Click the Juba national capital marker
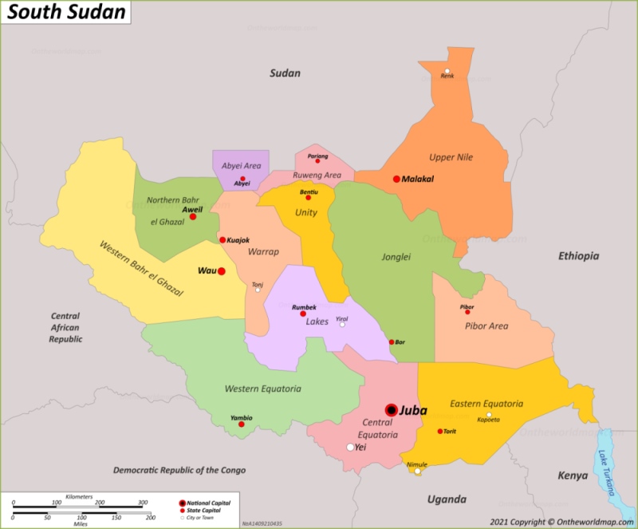pyautogui.click(x=391, y=410)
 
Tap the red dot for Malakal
pyautogui.click(x=396, y=179)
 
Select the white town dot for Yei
pyautogui.click(x=350, y=448)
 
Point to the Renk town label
pyautogui.click(x=447, y=77)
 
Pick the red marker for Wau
pyautogui.click(x=222, y=271)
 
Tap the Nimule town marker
pyautogui.click(x=416, y=472)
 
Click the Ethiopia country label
pyautogui.click(x=578, y=256)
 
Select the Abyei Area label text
pyautogui.click(x=241, y=166)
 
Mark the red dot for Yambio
pyautogui.click(x=242, y=424)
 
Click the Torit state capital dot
pyautogui.click(x=439, y=432)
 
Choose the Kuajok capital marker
pyautogui.click(x=223, y=239)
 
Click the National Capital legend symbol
pyautogui.click(x=183, y=503)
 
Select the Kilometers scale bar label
pyautogui.click(x=79, y=496)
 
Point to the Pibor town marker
pyautogui.click(x=467, y=312)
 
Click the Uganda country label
pyautogui.click(x=447, y=499)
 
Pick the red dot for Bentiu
pyautogui.click(x=309, y=198)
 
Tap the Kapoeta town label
pyautogui.click(x=488, y=420)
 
